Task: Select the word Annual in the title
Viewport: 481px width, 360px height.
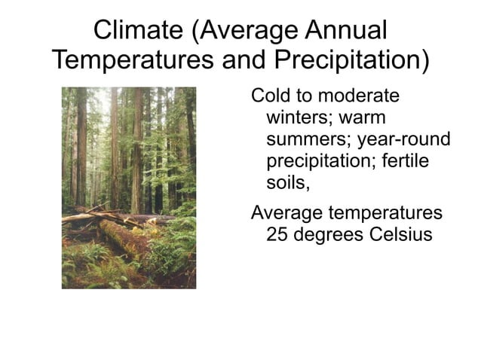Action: [x=345, y=32]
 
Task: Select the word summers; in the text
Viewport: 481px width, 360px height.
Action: [x=308, y=140]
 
